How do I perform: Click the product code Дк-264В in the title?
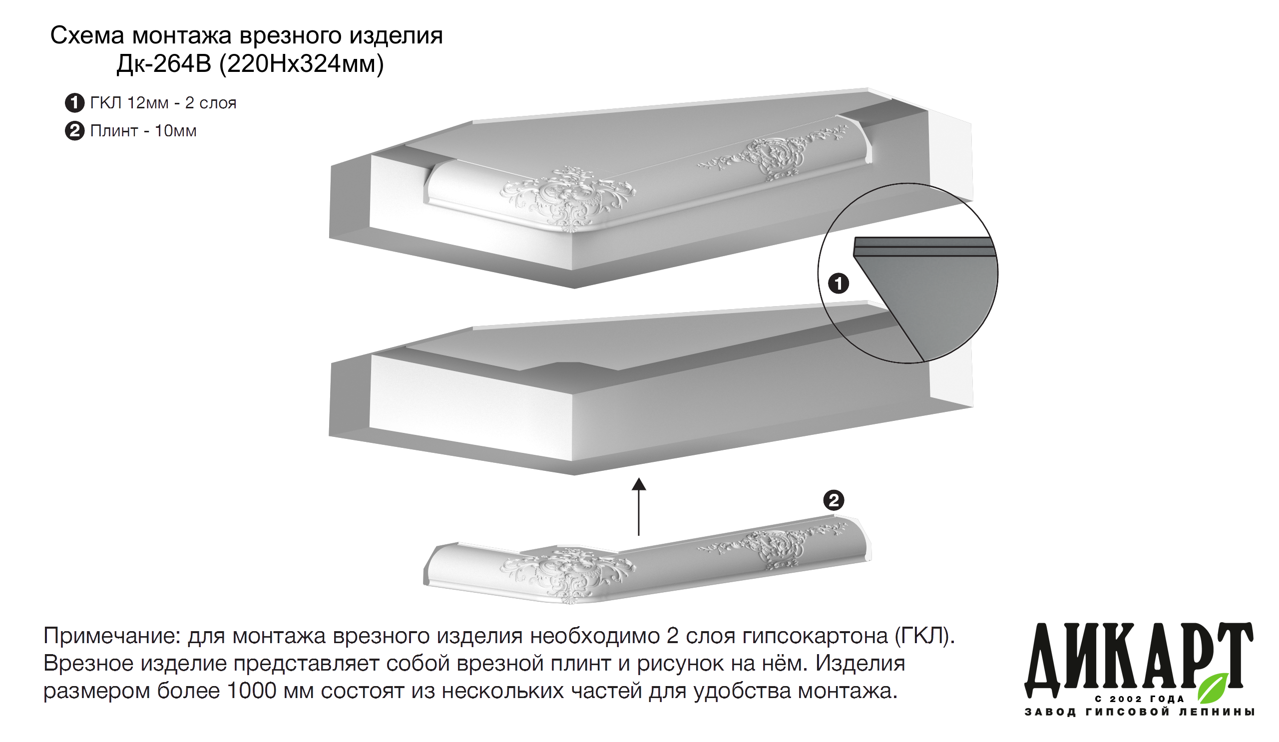point(164,64)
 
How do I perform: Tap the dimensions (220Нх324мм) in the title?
point(302,64)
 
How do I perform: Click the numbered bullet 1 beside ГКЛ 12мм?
point(74,103)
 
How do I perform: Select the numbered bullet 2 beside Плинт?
point(74,131)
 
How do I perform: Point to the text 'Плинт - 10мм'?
point(143,131)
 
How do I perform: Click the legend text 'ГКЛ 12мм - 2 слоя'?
point(163,103)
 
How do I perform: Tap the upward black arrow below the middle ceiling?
point(639,506)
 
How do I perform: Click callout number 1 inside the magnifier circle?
point(839,283)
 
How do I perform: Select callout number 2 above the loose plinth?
point(834,500)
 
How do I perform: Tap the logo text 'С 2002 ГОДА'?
point(1140,700)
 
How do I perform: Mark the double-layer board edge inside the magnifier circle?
point(924,247)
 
